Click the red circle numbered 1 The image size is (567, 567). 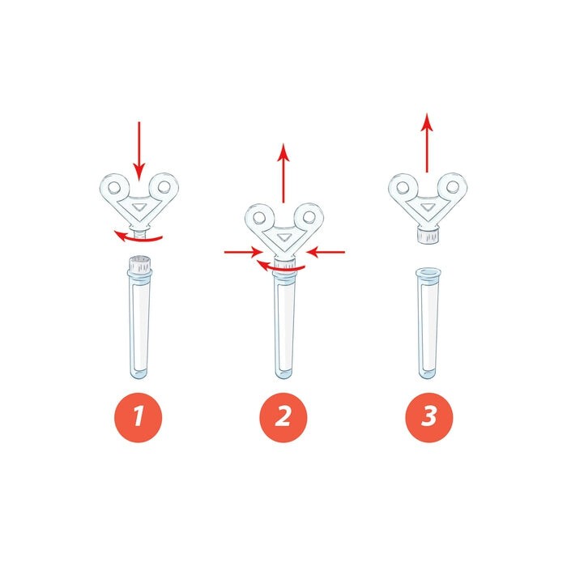[x=139, y=417]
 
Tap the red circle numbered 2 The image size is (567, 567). [x=283, y=417]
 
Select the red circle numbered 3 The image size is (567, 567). [x=428, y=417]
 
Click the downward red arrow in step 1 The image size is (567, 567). [x=139, y=151]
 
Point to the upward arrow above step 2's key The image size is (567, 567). [x=283, y=173]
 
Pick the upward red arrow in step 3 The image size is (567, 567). [x=427, y=143]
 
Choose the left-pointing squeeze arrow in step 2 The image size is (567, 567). [x=326, y=252]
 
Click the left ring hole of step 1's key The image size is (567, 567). [x=115, y=187]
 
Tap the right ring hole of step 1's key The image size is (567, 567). [x=164, y=187]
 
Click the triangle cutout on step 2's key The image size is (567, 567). [x=283, y=237]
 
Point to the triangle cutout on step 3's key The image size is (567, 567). [x=428, y=207]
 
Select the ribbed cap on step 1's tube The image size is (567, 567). [x=139, y=264]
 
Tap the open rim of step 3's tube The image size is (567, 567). [x=428, y=272]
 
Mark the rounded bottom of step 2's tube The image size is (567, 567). [x=283, y=373]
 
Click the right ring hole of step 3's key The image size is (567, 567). [x=452, y=187]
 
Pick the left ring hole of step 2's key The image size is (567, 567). [x=259, y=217]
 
